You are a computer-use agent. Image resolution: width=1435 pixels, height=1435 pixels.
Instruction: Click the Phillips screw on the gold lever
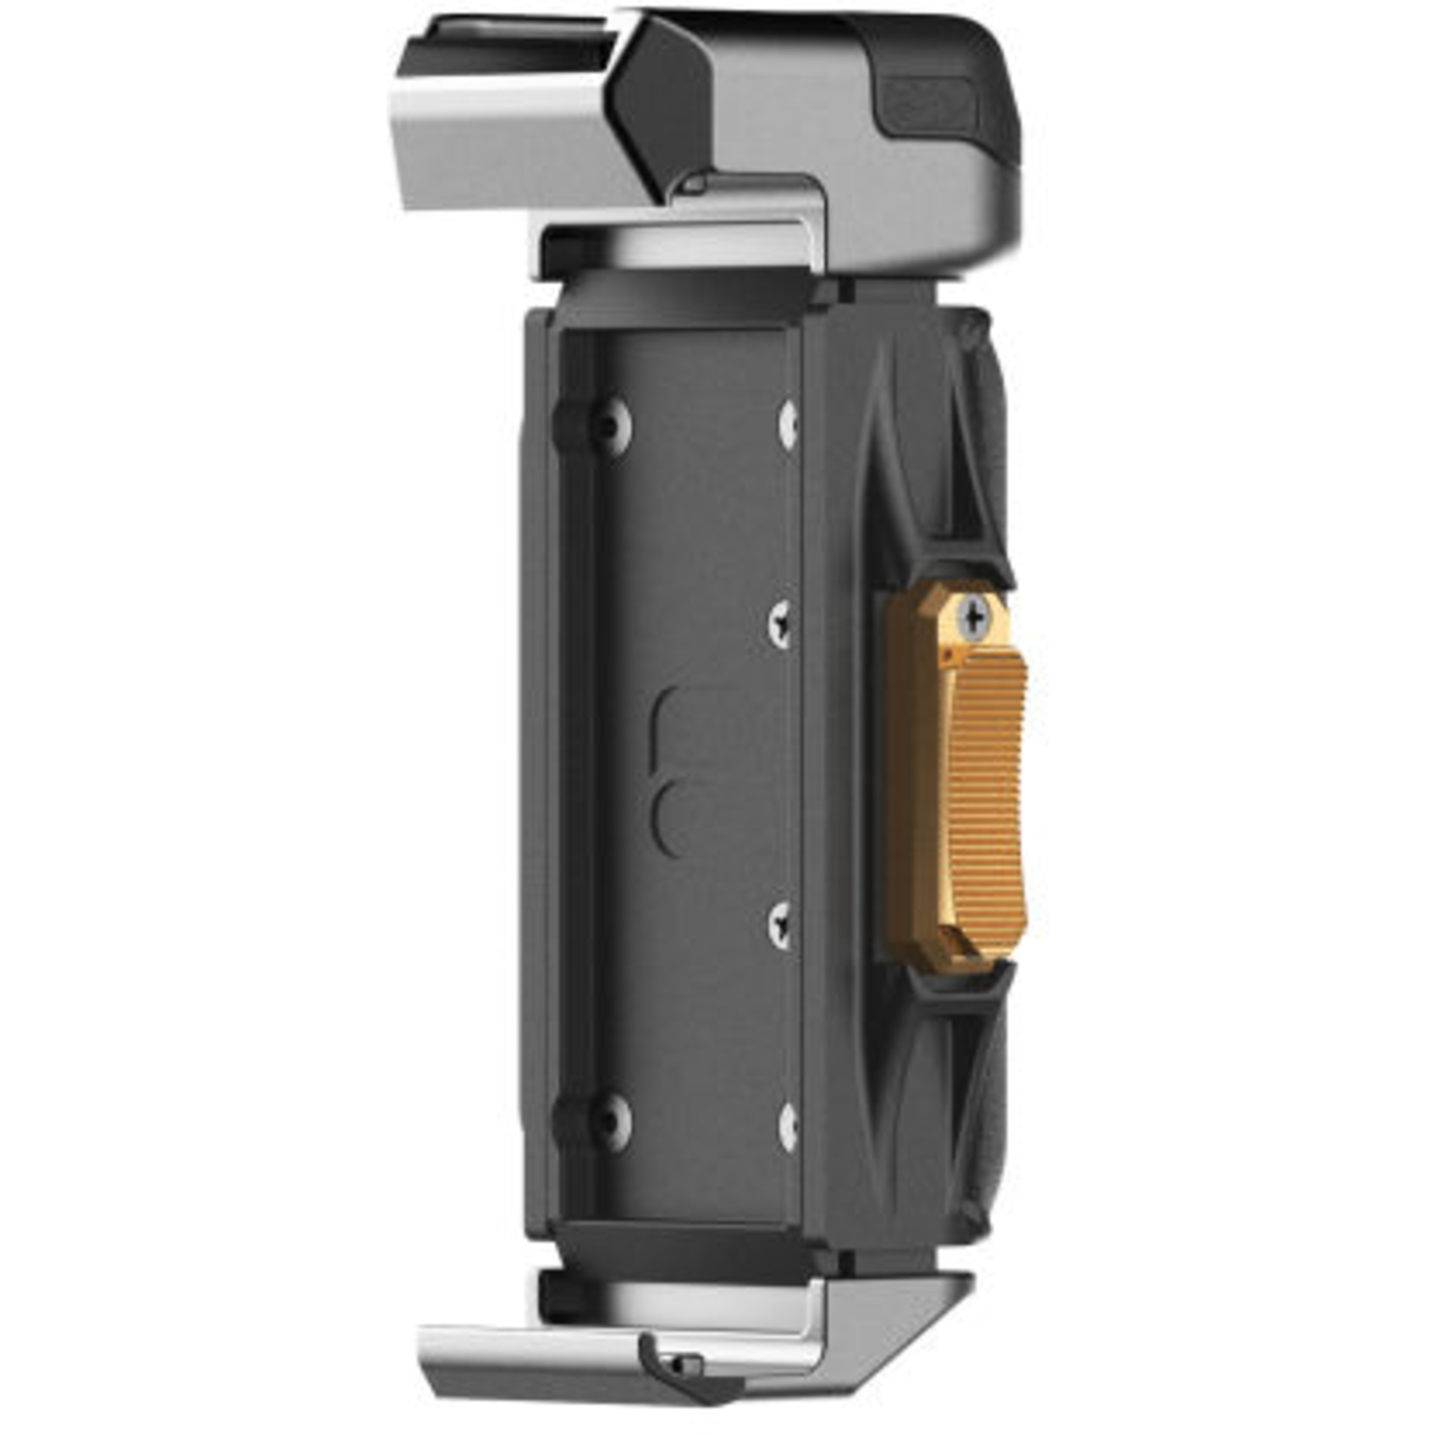coord(973,617)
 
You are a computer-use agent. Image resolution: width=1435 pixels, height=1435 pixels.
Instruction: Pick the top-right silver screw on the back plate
coord(788,424)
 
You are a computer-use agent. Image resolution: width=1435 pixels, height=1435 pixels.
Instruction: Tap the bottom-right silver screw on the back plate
coord(788,1126)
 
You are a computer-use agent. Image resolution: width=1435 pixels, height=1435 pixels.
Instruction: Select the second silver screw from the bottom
coord(781,924)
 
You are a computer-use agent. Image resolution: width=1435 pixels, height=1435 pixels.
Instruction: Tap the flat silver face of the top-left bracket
coord(517,143)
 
